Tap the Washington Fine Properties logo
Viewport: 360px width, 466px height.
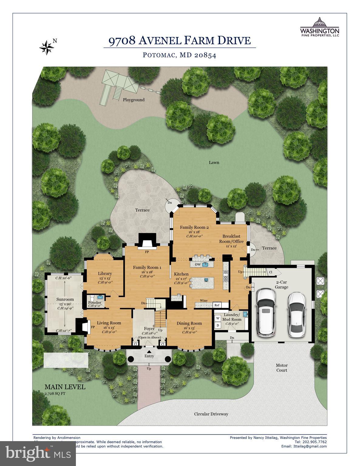click(x=319, y=27)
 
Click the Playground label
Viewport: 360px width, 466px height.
click(x=134, y=100)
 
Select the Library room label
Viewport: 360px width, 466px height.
click(x=105, y=273)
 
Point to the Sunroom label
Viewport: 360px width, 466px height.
click(x=65, y=299)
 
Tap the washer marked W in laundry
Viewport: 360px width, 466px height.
click(x=218, y=318)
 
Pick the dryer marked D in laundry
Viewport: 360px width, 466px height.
click(x=218, y=325)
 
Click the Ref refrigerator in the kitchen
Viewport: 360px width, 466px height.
click(x=217, y=305)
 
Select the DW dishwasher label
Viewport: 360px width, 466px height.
click(x=198, y=265)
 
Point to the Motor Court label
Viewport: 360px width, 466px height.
click(x=281, y=368)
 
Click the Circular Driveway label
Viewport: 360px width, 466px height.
click(x=211, y=414)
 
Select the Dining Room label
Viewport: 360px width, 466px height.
click(x=189, y=323)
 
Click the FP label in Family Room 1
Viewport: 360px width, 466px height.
click(x=147, y=252)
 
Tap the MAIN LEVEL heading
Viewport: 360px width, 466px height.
click(x=65, y=387)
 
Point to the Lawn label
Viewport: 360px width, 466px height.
click(x=214, y=162)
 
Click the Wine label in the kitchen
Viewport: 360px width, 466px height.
click(x=203, y=301)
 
